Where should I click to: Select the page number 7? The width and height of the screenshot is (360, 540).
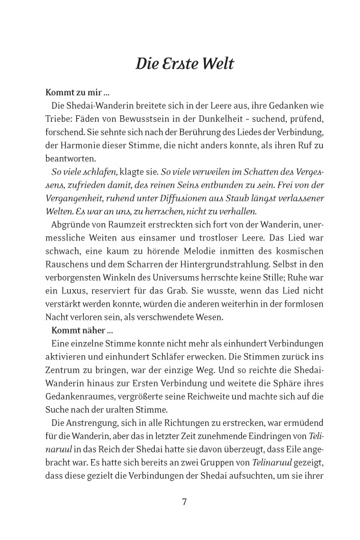click(x=184, y=502)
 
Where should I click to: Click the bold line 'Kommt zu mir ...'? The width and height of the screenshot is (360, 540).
click(x=77, y=93)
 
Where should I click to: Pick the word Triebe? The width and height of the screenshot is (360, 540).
click(x=59, y=119)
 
